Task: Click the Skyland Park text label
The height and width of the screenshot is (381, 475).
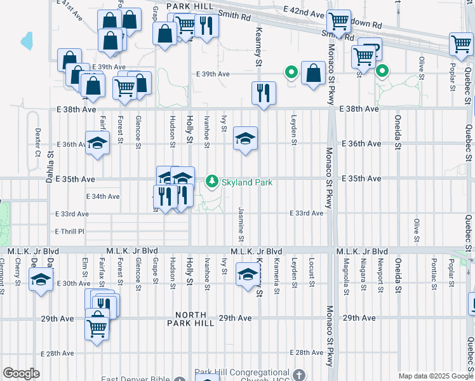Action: point(246,183)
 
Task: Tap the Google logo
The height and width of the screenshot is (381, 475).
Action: point(21,373)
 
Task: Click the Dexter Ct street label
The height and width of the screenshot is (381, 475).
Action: point(37,144)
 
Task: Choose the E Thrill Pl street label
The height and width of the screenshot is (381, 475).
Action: point(69,231)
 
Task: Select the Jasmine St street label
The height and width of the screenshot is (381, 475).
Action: point(242,224)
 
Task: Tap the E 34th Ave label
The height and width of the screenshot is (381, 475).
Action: point(102,197)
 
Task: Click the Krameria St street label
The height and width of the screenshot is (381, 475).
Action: point(277,272)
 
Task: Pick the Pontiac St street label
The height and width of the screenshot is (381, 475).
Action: point(433,272)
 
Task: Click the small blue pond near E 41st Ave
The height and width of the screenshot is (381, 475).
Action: point(26,41)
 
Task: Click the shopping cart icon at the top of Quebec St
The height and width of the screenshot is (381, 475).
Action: point(461,44)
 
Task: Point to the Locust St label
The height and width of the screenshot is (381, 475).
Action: point(312,272)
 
